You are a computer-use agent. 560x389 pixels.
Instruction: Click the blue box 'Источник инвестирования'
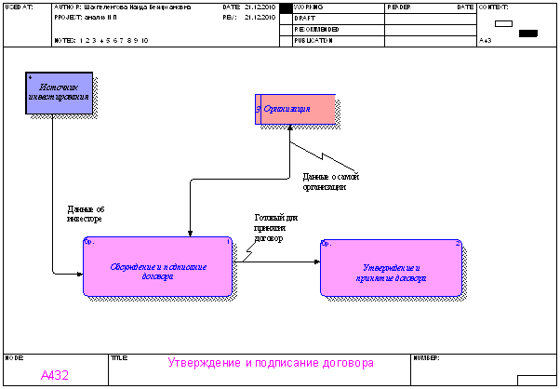pos(59,93)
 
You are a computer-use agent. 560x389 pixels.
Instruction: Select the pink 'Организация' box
pos(295,109)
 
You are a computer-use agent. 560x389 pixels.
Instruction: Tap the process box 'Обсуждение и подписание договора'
pos(157,267)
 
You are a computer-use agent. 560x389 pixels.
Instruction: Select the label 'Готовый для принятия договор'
pos(276,228)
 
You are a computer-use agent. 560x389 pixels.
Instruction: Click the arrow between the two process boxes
pos(279,262)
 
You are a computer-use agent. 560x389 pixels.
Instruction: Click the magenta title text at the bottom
pos(271,362)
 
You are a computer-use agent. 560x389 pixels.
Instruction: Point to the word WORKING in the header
pos(308,7)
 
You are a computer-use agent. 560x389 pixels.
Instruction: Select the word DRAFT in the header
pos(303,19)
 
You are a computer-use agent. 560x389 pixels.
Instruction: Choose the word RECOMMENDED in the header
pos(316,29)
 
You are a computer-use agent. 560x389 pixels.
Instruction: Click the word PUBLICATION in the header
pos(313,40)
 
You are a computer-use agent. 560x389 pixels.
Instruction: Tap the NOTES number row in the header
pos(114,41)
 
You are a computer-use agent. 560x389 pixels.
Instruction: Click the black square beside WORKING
pos(287,7)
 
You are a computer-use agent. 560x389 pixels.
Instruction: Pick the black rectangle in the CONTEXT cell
pos(527,33)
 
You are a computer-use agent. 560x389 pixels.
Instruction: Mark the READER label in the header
pos(399,7)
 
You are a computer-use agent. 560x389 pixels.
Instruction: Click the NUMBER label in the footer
pos(426,356)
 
